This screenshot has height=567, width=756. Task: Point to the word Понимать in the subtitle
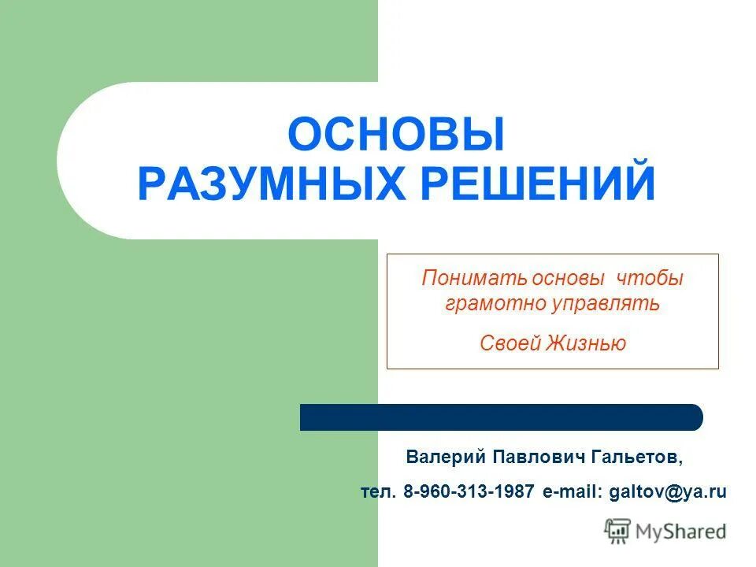(462, 279)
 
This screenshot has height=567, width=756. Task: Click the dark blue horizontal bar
(502, 417)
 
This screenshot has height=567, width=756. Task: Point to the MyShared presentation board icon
(618, 532)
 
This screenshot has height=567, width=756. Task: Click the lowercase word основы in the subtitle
(568, 279)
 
